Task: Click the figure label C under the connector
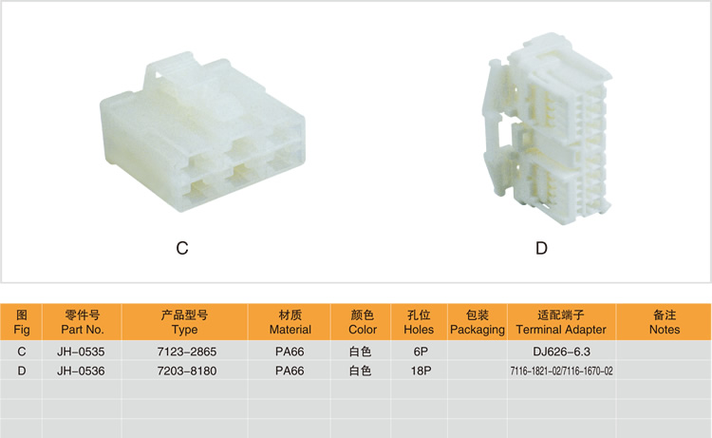point(182,248)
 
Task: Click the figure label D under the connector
point(541,248)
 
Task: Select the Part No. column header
point(83,322)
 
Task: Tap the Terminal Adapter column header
point(561,322)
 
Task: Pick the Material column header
point(290,322)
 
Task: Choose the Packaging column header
point(478,322)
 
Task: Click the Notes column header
point(665,322)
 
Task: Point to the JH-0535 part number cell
point(81,352)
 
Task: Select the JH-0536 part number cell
point(81,371)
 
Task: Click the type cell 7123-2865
point(187,352)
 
